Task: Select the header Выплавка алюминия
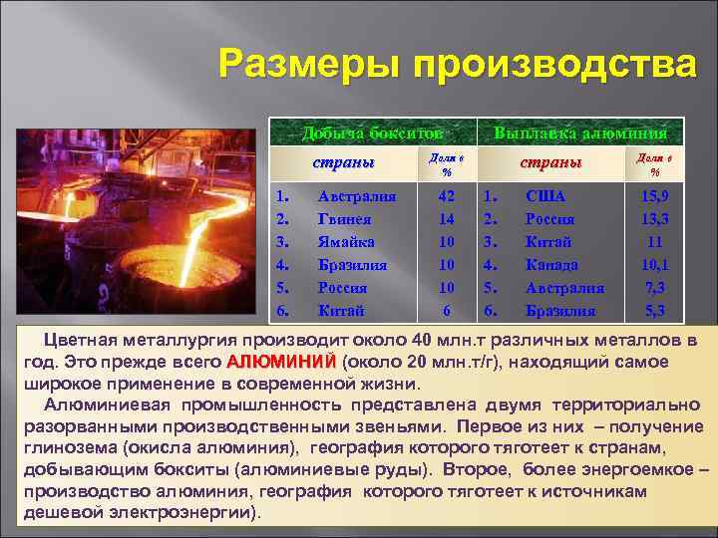point(580,134)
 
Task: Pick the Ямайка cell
point(346,242)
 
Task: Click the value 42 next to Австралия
point(447,196)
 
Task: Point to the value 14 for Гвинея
point(447,219)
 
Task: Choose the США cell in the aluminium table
point(544,196)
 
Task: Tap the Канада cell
point(551,265)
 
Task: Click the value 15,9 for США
point(655,196)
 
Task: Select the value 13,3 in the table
point(655,219)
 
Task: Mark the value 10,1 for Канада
point(655,265)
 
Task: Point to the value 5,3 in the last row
point(655,310)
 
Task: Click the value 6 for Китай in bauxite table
point(447,310)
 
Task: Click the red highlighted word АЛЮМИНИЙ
point(282,361)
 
